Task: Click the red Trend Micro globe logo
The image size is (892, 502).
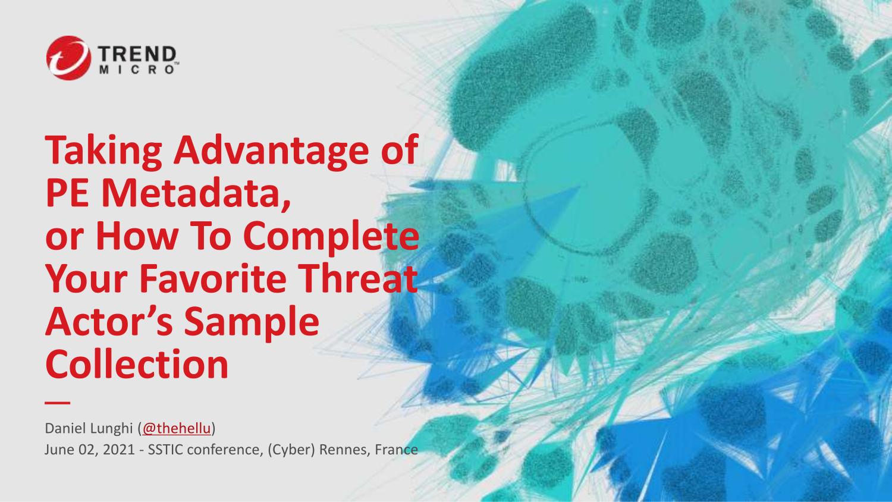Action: point(68,58)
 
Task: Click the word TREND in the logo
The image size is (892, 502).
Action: point(137,54)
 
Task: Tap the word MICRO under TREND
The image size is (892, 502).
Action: point(137,70)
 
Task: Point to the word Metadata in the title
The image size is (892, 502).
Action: point(198,193)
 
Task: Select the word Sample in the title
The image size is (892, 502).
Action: point(252,322)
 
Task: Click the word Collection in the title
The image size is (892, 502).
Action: point(137,364)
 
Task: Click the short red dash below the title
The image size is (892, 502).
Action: point(57,403)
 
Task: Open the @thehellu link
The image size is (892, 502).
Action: point(176,428)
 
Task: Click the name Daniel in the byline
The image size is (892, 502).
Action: point(64,428)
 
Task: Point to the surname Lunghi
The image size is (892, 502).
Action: point(111,429)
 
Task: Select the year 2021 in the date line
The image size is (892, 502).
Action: point(118,450)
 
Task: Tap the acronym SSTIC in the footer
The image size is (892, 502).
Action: point(166,450)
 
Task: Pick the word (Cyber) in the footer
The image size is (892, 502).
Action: point(291,450)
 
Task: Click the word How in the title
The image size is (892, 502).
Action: point(137,236)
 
